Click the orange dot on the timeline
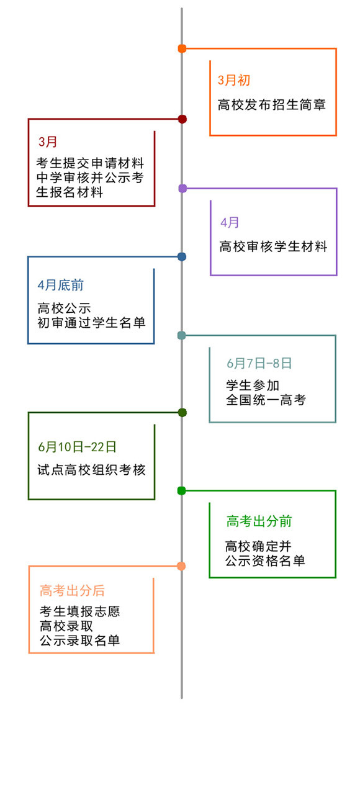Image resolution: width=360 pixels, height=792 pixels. pyautogui.click(x=182, y=48)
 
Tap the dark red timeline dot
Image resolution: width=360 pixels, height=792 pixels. pyautogui.click(x=182, y=119)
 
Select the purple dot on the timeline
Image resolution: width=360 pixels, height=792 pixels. pyautogui.click(x=182, y=188)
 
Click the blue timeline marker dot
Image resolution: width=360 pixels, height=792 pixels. pyautogui.click(x=182, y=256)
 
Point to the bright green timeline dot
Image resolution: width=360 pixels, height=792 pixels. pyautogui.click(x=181, y=490)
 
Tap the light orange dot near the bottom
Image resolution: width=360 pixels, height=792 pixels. pyautogui.click(x=181, y=565)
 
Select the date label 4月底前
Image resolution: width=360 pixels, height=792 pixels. pyautogui.click(x=60, y=286)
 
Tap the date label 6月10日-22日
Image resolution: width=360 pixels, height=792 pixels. pyautogui.click(x=77, y=447)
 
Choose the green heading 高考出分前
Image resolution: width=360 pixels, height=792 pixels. pyautogui.click(x=259, y=521)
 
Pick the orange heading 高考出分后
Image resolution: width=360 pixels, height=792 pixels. pyautogui.click(x=72, y=591)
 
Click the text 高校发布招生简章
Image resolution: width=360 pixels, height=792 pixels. pyautogui.click(x=272, y=105)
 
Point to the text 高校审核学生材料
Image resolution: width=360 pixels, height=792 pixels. pyautogui.click(x=273, y=246)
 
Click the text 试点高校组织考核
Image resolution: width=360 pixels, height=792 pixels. pyautogui.click(x=91, y=470)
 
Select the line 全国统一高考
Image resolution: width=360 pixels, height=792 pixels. pyautogui.click(x=266, y=400)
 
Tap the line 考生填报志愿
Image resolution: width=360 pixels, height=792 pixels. pyautogui.click(x=79, y=611)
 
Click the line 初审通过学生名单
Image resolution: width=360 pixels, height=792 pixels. pyautogui.click(x=91, y=322)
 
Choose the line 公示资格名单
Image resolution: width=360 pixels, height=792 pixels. pyautogui.click(x=265, y=561)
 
